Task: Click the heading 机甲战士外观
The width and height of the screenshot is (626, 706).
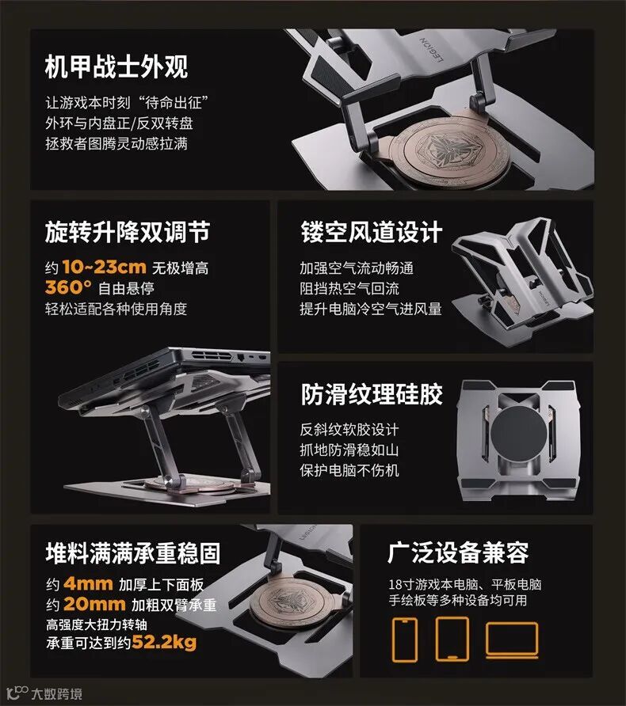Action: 116,67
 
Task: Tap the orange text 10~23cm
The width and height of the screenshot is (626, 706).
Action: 104,267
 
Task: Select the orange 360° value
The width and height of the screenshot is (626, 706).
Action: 68,287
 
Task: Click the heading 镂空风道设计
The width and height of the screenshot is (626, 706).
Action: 372,233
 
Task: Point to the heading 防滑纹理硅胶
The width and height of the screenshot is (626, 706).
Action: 372,394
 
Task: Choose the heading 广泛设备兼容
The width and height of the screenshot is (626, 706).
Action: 458,552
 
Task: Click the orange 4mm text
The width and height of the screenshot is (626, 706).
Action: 88,584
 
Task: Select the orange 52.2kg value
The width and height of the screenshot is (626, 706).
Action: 164,643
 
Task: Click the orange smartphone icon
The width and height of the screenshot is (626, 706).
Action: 404,640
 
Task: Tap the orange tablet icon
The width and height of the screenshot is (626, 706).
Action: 452,639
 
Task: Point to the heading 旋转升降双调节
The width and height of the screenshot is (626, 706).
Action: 128,233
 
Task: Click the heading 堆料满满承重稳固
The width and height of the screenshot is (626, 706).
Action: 133,553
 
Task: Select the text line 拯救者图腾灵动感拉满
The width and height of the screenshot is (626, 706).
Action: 116,143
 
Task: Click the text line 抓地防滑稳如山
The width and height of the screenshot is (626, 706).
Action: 349,450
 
